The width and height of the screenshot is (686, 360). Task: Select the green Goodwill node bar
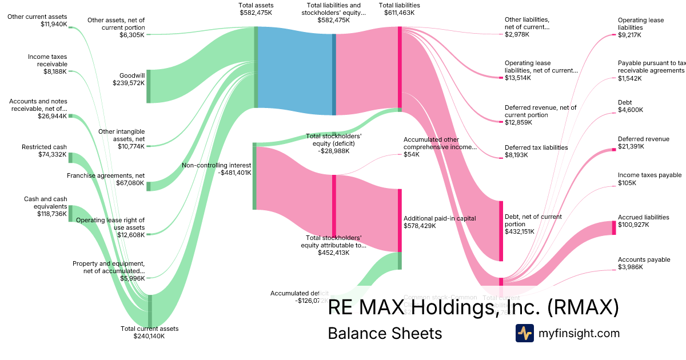(149, 86)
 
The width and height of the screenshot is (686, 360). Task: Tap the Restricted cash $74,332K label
(44, 150)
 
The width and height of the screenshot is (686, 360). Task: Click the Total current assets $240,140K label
(149, 332)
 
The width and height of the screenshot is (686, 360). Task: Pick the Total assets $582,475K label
(256, 9)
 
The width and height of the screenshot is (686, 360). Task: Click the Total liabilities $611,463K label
(400, 9)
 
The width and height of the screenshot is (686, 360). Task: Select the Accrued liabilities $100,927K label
(643, 221)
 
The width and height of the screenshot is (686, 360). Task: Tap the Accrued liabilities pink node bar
(614, 227)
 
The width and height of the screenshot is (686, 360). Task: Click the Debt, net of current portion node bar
(501, 231)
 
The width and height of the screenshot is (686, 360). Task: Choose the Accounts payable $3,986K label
(644, 263)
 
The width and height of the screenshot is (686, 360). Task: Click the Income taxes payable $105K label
(649, 179)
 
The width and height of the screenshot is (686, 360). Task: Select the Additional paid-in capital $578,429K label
(440, 222)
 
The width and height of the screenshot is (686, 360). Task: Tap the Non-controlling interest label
(216, 169)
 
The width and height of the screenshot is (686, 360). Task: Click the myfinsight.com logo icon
(524, 333)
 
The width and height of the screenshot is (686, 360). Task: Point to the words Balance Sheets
(385, 334)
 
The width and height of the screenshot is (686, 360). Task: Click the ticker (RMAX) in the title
(583, 308)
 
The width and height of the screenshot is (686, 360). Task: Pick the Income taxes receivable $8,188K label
(47, 64)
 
